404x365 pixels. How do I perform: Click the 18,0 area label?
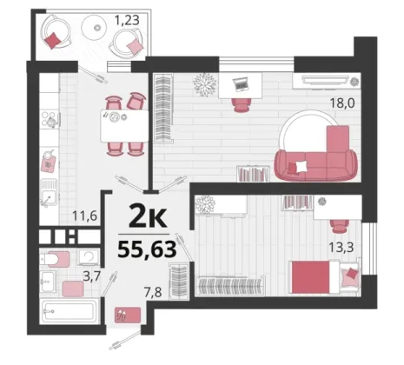tap(342, 103)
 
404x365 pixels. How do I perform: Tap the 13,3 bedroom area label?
tap(341, 248)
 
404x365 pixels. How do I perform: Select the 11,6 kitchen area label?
tap(84, 216)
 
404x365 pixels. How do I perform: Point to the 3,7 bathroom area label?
tap(92, 276)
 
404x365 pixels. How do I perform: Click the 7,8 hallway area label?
tap(153, 292)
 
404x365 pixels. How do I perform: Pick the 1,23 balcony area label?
tap(127, 20)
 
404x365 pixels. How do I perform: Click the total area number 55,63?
tap(147, 249)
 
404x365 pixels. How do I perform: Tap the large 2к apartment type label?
tap(148, 215)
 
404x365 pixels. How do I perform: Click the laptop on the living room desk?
tap(240, 84)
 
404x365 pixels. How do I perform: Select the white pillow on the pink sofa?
tap(301, 167)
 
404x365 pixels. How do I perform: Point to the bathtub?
tap(70, 311)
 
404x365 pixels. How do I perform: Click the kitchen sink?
tap(49, 193)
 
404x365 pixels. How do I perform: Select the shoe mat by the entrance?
tap(128, 315)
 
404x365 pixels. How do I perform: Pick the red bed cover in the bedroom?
tap(311, 277)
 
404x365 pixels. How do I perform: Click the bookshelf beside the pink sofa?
tap(254, 174)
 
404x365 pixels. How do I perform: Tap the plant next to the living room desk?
tap(205, 84)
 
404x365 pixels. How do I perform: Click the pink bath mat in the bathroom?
tap(73, 289)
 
